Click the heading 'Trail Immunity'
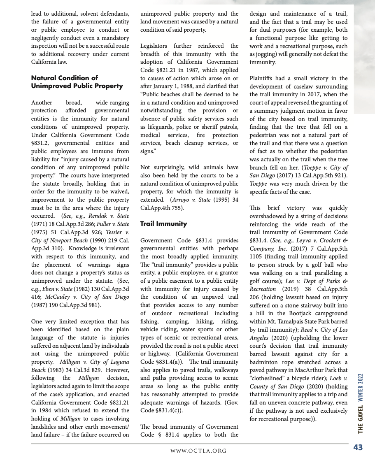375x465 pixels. click(x=163, y=224)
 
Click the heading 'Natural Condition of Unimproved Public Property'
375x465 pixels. click(x=77, y=82)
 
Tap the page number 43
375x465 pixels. click(x=358, y=448)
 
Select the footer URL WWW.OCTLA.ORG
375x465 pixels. click(x=199, y=451)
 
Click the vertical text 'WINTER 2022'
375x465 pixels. click(x=360, y=387)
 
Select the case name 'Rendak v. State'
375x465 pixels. click(x=112, y=216)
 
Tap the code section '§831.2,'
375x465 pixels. click(x=41, y=143)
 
